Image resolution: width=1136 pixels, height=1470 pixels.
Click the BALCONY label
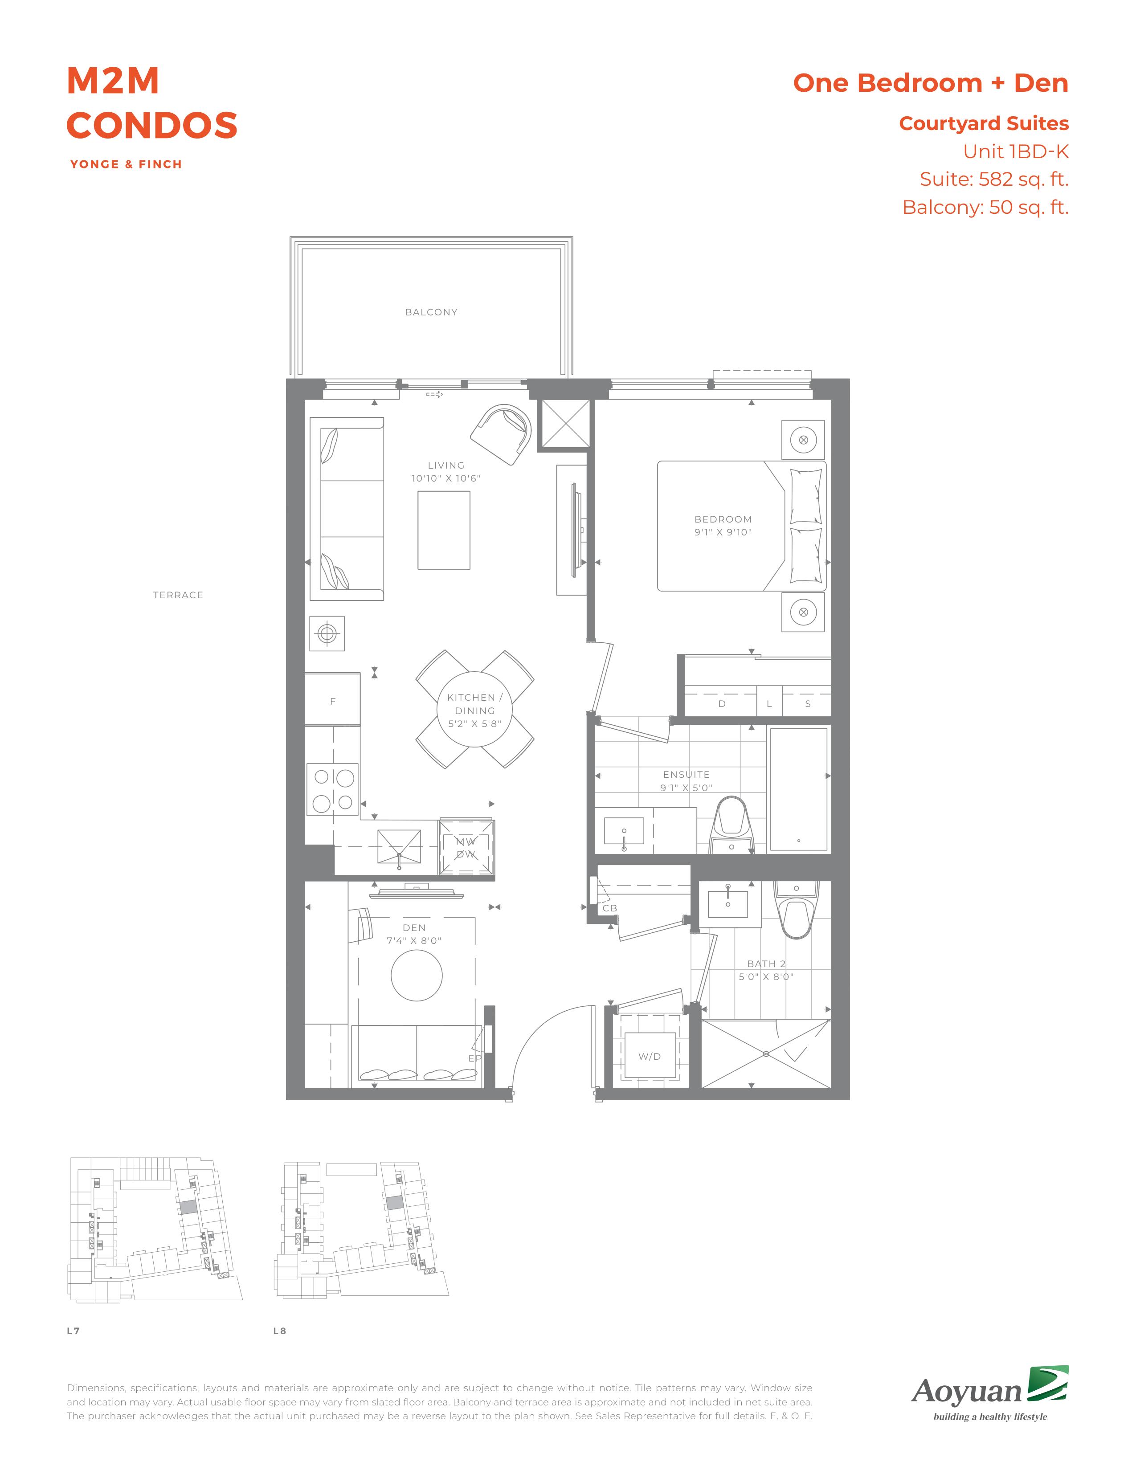pos(431,312)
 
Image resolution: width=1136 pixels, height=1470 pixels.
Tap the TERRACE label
pos(178,595)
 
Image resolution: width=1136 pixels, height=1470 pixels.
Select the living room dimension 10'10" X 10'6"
pos(446,478)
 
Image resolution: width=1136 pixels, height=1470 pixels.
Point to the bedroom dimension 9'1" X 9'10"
pos(723,532)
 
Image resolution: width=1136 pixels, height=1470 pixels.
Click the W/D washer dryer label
pos(650,1057)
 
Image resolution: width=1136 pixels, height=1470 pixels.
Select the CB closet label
pos(610,908)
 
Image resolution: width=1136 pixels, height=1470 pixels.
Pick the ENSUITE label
pos(687,775)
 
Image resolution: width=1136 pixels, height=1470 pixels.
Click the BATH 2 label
pos(766,964)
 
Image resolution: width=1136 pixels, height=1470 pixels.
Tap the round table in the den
pos(417,975)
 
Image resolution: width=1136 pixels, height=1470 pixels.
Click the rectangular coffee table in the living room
pos(444,531)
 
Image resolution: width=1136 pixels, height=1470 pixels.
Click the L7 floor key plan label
pos(74,1331)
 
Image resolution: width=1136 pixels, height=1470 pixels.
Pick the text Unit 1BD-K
pos(1016,152)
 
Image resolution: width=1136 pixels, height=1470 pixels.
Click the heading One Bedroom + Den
pos(931,83)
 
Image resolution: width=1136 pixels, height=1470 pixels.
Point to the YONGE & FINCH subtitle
pos(126,164)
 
